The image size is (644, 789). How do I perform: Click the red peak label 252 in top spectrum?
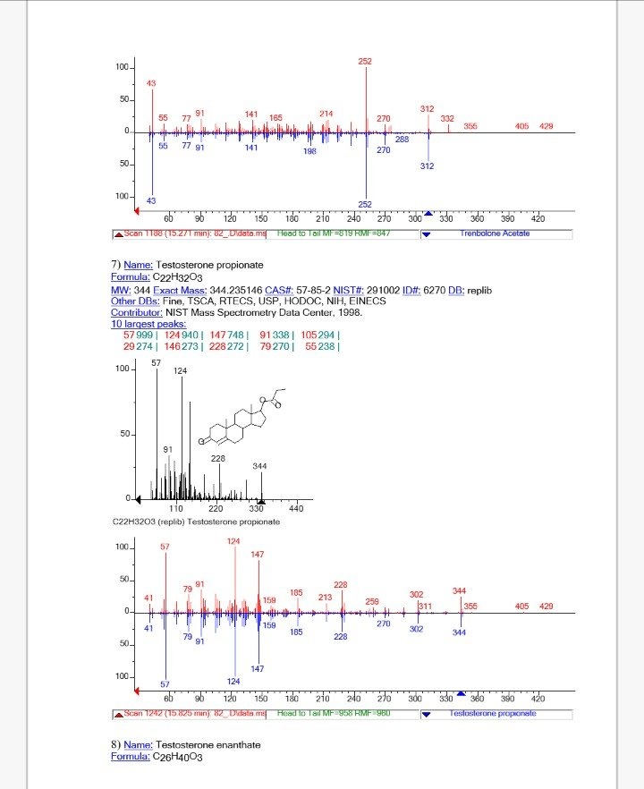[365, 61]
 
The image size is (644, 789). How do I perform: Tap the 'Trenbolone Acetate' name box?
[495, 233]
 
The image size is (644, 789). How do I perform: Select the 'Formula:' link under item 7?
[131, 278]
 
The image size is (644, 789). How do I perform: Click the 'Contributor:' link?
[136, 312]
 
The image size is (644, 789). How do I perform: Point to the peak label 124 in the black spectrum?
[181, 370]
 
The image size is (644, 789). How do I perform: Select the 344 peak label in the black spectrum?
[259, 466]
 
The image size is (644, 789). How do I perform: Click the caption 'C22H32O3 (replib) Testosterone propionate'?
[197, 521]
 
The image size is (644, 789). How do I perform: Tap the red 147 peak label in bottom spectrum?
[258, 555]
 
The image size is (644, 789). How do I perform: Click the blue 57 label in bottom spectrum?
[165, 683]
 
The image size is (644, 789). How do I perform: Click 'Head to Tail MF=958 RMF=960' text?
[333, 713]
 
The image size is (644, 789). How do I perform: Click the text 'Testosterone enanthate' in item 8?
[207, 744]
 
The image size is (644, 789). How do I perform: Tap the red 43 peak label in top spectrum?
[151, 83]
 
